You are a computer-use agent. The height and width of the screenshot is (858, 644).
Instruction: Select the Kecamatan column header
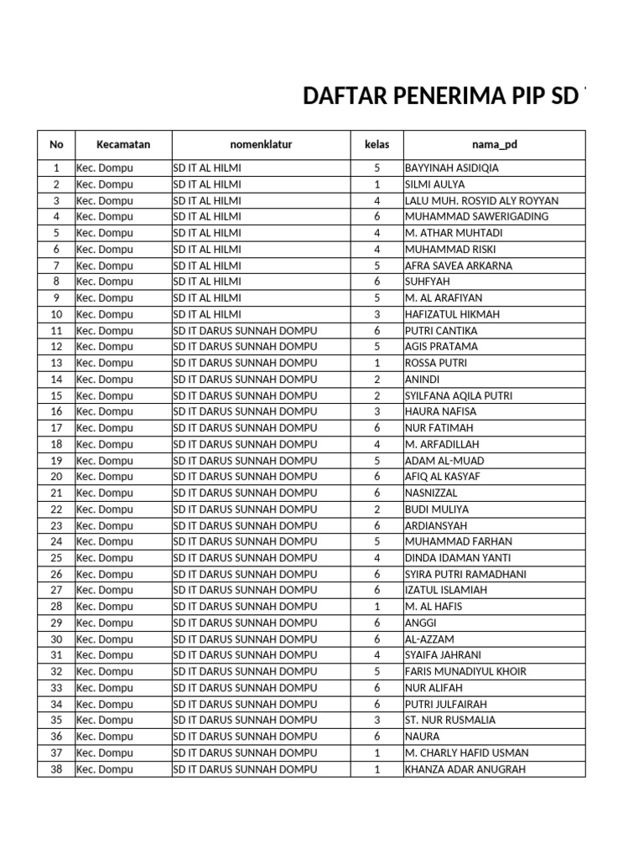(123, 144)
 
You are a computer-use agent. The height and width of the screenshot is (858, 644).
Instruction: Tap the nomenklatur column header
(261, 144)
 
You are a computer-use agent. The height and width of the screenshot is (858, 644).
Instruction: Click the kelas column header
(377, 144)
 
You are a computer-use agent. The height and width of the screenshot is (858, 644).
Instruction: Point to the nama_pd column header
(494, 144)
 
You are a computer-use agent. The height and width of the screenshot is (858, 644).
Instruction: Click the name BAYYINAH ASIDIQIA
(451, 168)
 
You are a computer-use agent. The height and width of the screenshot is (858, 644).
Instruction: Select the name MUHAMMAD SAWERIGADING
(476, 216)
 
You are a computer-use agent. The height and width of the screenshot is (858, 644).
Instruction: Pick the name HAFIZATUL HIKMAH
(452, 314)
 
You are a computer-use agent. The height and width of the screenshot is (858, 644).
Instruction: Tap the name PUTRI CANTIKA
(441, 330)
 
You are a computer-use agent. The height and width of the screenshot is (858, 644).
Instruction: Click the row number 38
(56, 769)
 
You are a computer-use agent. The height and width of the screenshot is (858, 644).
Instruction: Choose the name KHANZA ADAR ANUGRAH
(465, 769)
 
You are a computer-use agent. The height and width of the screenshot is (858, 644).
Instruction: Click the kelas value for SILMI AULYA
(377, 184)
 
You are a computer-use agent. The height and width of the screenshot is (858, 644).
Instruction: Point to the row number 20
(56, 477)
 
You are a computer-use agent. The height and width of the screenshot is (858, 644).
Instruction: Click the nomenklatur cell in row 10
(207, 314)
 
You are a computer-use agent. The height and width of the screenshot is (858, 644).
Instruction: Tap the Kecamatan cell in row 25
(105, 558)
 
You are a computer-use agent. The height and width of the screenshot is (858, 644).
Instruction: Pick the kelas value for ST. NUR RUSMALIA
(377, 720)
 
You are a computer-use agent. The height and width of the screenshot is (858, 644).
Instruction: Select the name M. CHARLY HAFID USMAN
(466, 752)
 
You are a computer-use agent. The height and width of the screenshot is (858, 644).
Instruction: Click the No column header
(56, 144)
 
